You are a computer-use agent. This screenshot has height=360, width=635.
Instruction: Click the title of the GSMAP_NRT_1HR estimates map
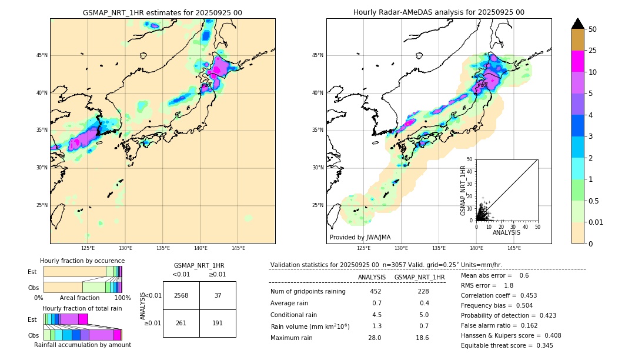pyautogui.click(x=162, y=12)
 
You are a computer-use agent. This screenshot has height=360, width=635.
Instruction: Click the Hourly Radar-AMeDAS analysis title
pyautogui.click(x=439, y=12)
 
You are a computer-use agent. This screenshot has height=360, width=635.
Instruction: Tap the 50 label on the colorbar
pyautogui.click(x=593, y=29)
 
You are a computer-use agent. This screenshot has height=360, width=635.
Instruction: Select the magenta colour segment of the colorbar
pyautogui.click(x=578, y=61)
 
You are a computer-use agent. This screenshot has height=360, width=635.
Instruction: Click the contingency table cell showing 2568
pyautogui.click(x=181, y=295)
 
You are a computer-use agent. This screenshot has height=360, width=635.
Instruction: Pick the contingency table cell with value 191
pyautogui.click(x=218, y=323)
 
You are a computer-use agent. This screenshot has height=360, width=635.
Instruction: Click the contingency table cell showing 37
pyautogui.click(x=218, y=295)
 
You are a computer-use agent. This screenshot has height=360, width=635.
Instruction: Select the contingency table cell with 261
pyautogui.click(x=181, y=323)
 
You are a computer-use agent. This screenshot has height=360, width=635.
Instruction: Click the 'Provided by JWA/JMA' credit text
pyautogui.click(x=360, y=238)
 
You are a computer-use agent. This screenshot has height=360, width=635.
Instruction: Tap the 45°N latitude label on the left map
pyautogui.click(x=42, y=55)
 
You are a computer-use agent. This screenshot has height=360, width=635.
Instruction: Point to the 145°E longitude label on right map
pyautogui.click(x=514, y=248)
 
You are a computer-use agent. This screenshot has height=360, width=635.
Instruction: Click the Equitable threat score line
pyautogui.click(x=507, y=345)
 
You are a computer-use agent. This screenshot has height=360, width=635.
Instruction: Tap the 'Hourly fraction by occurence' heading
pyautogui.click(x=82, y=261)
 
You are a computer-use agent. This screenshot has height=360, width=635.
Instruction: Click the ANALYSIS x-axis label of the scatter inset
pyautogui.click(x=506, y=232)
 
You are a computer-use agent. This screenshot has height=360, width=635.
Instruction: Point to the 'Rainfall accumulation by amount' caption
pyautogui.click(x=87, y=345)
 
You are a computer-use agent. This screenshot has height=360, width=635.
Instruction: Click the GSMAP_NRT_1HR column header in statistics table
pyautogui.click(x=419, y=277)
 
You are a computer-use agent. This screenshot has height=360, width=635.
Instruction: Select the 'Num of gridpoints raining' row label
pyautogui.click(x=308, y=291)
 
